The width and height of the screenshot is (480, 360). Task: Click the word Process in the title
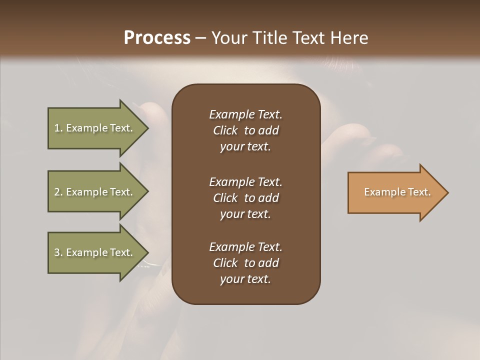[x=157, y=38]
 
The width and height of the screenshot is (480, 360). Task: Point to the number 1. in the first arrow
[x=58, y=128]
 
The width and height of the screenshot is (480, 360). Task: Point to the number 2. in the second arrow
[x=58, y=192]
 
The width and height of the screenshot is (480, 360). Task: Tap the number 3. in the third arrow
[x=58, y=252]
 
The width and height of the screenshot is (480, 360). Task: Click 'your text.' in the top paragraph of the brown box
[x=245, y=146]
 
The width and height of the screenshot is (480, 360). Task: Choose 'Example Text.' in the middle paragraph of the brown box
[x=245, y=182]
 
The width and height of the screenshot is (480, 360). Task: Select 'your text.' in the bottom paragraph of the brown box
[x=245, y=279]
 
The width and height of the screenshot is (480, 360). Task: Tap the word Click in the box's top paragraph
[x=225, y=130]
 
